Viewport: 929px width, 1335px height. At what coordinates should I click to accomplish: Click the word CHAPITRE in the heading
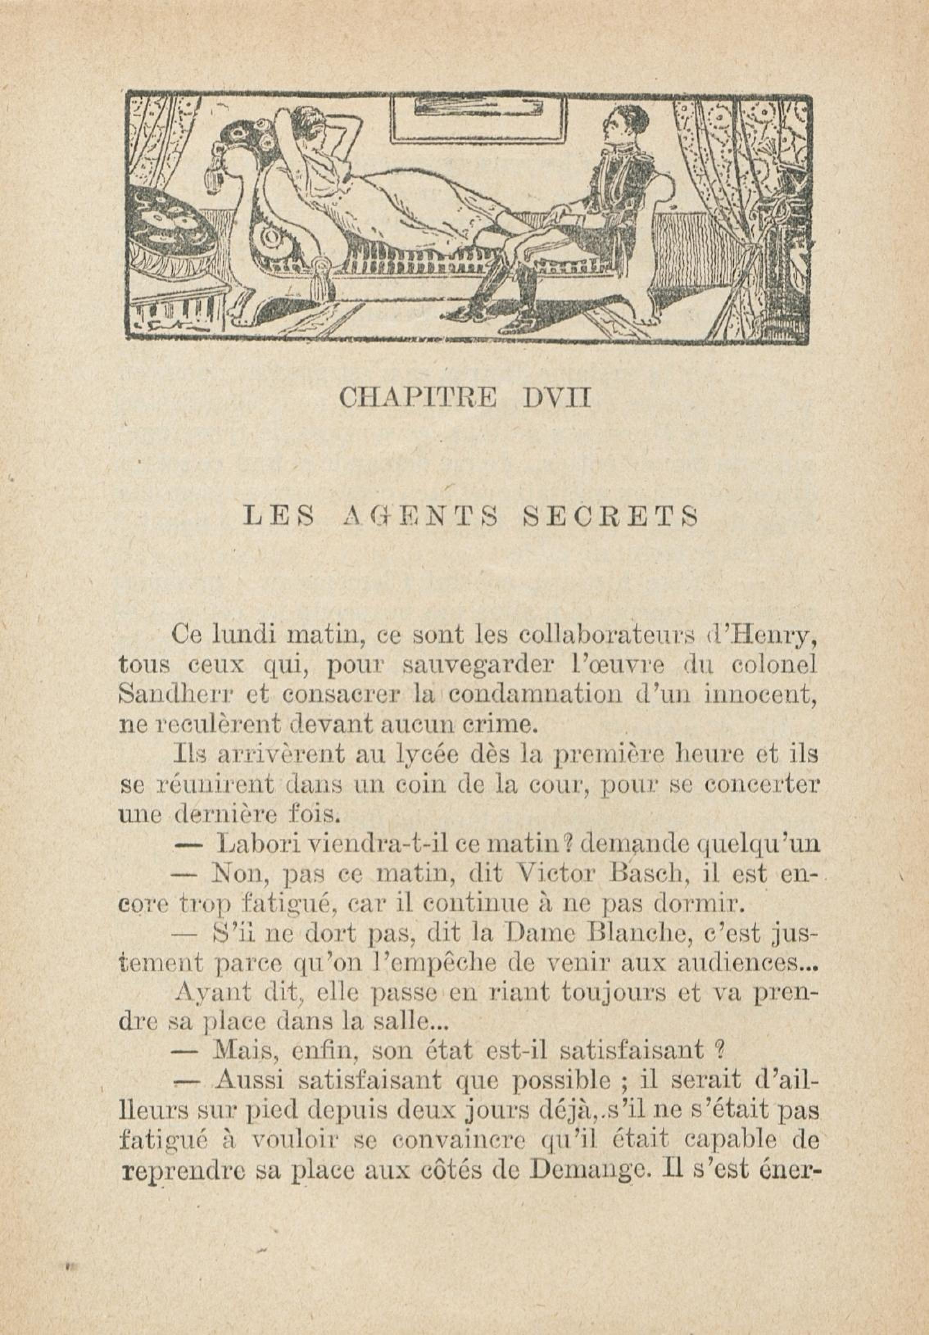pos(417,398)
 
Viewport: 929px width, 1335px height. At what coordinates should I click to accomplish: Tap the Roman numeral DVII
pos(556,398)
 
